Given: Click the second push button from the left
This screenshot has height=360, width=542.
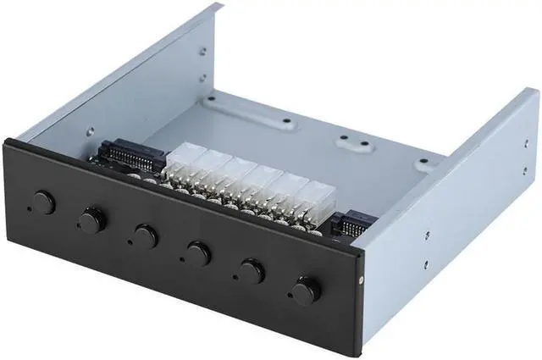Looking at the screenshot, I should click(89, 220).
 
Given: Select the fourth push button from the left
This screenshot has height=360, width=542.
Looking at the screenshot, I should click(198, 252).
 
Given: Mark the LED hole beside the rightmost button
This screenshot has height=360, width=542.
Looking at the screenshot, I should click(289, 296).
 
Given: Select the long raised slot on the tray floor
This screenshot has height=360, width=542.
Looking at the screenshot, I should click(254, 114).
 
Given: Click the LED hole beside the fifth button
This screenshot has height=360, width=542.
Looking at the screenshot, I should click(236, 276).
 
